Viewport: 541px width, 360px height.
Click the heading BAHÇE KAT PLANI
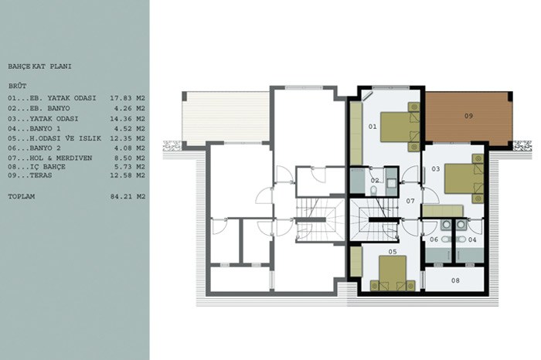point(39,66)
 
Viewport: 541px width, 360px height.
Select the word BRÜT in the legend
point(17,86)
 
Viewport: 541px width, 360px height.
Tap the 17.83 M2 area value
point(128,98)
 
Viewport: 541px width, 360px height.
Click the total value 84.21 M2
point(128,197)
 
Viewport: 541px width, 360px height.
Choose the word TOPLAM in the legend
point(22,197)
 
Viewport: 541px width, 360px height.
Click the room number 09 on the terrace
point(468,116)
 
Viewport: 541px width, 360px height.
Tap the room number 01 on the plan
point(373,127)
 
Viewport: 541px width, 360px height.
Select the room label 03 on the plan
point(435,169)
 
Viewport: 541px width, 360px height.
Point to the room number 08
point(455,280)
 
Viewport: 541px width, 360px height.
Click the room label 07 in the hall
point(410,201)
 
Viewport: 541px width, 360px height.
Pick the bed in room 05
point(393,273)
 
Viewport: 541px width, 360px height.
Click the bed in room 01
point(400,127)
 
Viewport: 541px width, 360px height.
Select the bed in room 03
point(464,178)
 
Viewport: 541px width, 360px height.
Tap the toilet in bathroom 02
point(373,190)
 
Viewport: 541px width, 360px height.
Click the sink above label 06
point(446,225)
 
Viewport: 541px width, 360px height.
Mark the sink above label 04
point(461,225)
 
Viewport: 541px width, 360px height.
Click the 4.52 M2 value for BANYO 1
point(128,129)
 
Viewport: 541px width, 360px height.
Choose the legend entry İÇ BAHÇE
point(36,167)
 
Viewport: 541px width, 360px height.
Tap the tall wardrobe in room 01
point(356,133)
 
